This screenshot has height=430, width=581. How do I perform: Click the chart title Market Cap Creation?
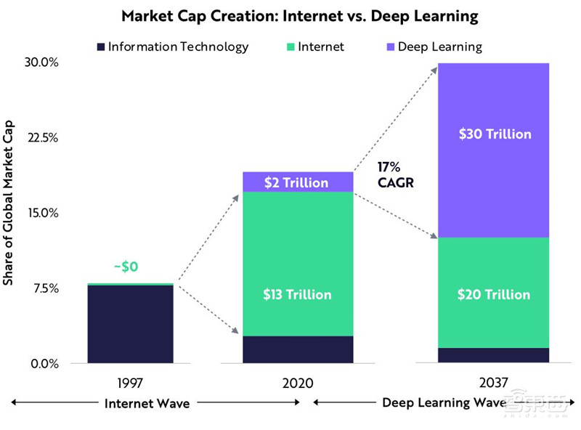[290, 15]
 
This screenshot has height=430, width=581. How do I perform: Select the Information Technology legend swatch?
[101, 47]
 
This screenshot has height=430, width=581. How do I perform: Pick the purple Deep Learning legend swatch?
[391, 47]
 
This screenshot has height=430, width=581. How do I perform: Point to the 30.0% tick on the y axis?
[41, 62]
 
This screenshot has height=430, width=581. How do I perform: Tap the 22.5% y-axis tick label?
[41, 138]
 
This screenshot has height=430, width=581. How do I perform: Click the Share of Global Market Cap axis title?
[9, 211]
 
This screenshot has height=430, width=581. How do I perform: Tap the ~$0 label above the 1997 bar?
[126, 267]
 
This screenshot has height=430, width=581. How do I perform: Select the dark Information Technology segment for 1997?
[130, 323]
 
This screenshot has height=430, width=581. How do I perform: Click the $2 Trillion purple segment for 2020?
[297, 182]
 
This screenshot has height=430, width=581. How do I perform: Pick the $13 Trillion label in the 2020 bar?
[297, 294]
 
